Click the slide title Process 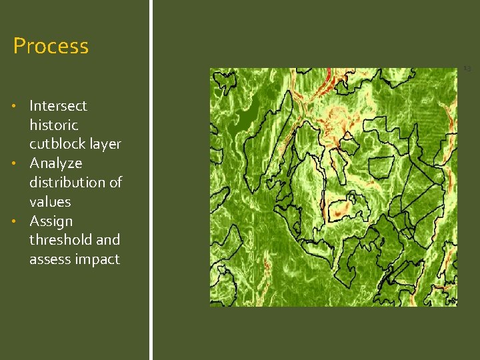click(51, 46)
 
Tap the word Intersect click(58, 105)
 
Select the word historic click(53, 125)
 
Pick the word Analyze click(56, 163)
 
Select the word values click(50, 201)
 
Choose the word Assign click(51, 221)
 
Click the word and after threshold click(108, 239)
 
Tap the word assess click(49, 259)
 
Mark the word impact click(97, 259)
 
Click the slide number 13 click(467, 68)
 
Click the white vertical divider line click(151, 180)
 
